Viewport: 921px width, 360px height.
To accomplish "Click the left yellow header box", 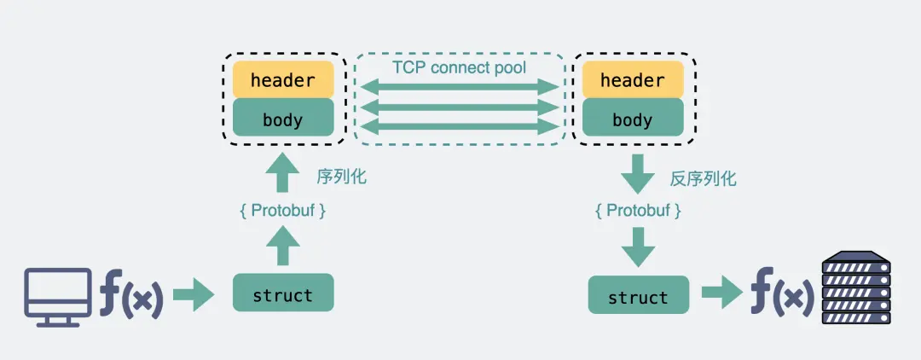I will [x=283, y=80].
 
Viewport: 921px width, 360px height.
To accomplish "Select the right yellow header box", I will [x=632, y=80].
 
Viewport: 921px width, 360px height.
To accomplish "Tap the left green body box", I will [x=283, y=119].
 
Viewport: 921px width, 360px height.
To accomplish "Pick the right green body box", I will [x=632, y=119].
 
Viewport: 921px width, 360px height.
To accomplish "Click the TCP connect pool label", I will [x=459, y=67].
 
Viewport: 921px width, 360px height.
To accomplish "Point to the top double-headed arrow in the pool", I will [x=459, y=86].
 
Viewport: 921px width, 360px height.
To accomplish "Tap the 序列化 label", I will [x=341, y=177].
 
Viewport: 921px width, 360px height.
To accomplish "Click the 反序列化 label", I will [x=703, y=178].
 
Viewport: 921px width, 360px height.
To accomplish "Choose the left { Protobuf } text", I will [x=282, y=210].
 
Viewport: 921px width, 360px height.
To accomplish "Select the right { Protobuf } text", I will [x=638, y=210].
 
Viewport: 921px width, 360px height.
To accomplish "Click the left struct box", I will [x=283, y=293].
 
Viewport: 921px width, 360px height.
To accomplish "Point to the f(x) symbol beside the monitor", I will [x=130, y=295].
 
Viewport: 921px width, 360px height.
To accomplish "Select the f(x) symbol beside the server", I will [x=781, y=295].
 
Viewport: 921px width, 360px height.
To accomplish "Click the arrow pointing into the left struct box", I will [x=194, y=296].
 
